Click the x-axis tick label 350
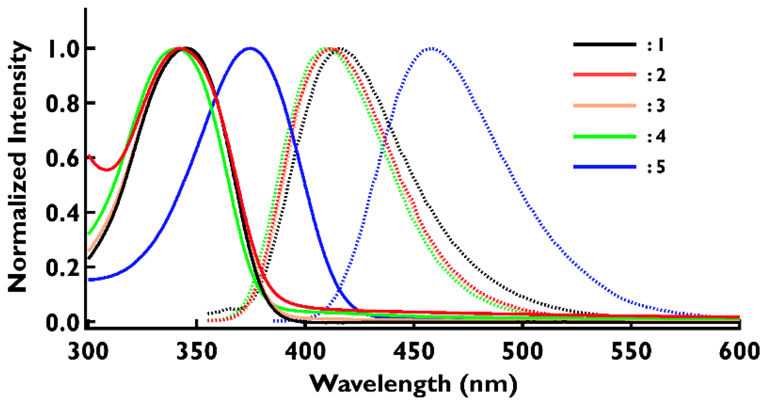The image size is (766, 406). [197, 352]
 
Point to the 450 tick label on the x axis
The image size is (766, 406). [414, 352]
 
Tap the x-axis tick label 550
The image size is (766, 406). [631, 352]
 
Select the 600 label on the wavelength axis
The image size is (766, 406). [739, 352]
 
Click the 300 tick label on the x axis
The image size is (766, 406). [88, 352]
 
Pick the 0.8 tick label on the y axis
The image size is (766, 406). [61, 103]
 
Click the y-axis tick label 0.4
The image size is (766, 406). [61, 212]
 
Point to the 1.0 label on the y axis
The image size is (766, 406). [61, 48]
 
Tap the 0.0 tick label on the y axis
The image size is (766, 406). [61, 323]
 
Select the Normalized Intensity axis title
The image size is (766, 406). [18, 167]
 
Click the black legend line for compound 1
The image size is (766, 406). [604, 44]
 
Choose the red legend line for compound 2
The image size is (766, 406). [604, 75]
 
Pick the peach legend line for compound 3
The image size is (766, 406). [604, 106]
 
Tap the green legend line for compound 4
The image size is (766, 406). [604, 137]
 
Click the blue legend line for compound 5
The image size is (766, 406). [604, 167]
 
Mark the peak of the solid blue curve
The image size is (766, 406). [250, 48]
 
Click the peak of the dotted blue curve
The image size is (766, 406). [431, 48]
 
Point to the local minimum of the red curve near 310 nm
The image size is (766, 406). [107, 170]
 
